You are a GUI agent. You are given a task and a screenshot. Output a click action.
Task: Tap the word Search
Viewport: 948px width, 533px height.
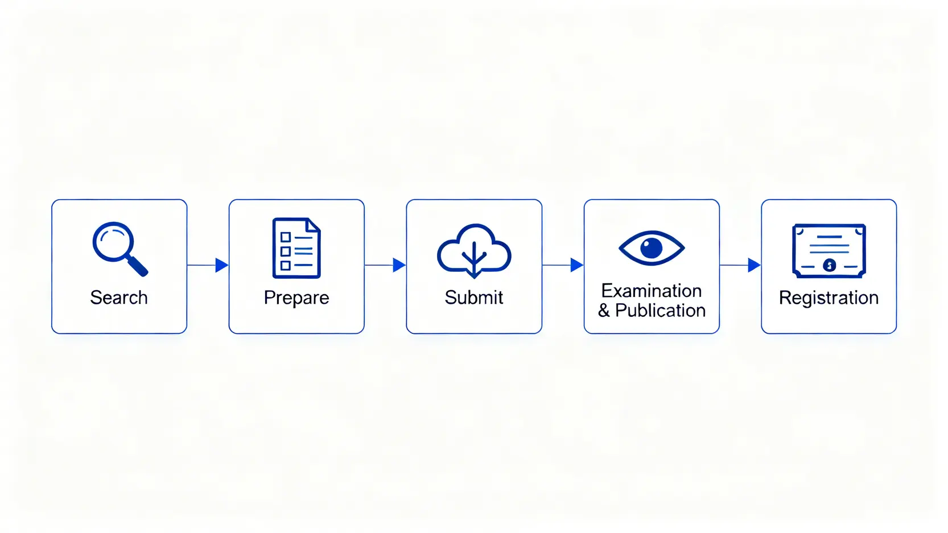(x=119, y=298)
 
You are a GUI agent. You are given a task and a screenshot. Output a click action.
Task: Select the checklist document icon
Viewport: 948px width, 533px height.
(x=296, y=248)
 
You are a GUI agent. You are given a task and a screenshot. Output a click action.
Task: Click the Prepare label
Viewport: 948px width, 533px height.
(x=296, y=298)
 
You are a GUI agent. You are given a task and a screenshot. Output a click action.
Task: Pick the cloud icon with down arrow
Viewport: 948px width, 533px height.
(x=474, y=251)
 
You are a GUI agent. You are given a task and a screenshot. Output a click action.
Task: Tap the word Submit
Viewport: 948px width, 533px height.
(x=474, y=298)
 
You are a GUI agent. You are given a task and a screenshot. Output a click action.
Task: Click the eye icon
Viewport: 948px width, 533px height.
(x=652, y=248)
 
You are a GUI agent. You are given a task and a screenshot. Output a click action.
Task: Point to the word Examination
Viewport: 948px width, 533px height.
(x=652, y=291)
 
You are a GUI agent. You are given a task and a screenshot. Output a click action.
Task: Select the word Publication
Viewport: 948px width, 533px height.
(x=660, y=311)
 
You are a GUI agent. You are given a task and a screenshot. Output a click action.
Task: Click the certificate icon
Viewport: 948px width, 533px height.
(x=829, y=250)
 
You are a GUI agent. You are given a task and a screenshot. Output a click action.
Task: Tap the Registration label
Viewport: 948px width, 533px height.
(x=829, y=298)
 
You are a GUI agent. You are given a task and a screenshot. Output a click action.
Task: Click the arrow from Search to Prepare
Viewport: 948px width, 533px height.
(x=208, y=265)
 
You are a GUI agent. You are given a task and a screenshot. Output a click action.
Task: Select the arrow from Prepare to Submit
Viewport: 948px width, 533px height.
(x=386, y=265)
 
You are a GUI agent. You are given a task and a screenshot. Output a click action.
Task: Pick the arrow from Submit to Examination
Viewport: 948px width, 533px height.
(x=563, y=265)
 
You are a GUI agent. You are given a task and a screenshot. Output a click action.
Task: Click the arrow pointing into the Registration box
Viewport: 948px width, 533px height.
(x=741, y=265)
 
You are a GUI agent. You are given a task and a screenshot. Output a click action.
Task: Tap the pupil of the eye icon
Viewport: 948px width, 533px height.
(x=652, y=248)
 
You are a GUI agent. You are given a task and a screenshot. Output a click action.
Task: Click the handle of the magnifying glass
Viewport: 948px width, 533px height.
(x=138, y=266)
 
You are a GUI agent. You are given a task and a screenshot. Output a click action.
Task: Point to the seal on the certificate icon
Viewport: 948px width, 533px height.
(x=830, y=265)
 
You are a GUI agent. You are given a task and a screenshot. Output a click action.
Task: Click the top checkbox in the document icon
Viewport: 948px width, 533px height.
(x=286, y=237)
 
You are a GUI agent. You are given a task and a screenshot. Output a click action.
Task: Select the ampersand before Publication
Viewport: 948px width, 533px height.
(x=604, y=311)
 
